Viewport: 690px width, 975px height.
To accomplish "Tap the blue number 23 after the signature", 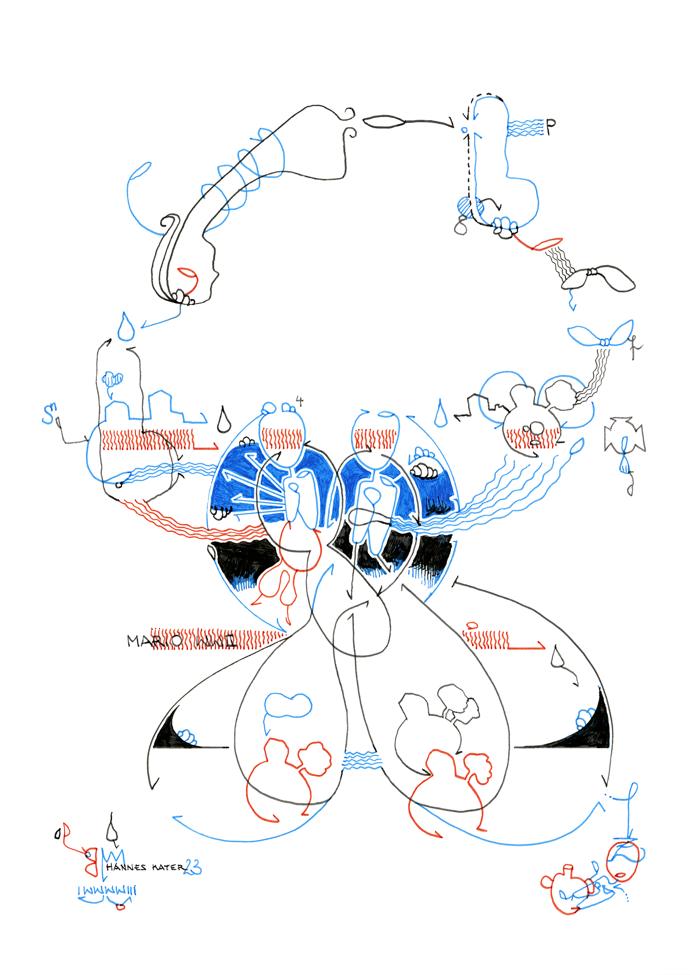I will [x=193, y=867].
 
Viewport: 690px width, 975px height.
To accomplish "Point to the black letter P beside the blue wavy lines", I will [x=550, y=128].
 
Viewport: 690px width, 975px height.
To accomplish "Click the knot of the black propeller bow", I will [x=592, y=272].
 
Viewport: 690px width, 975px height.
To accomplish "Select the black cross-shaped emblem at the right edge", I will [x=625, y=434].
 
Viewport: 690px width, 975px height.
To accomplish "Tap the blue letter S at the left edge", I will [x=48, y=414].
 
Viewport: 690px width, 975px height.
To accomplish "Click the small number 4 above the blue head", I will [x=300, y=401].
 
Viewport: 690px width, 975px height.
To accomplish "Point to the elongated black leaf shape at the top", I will [x=383, y=121].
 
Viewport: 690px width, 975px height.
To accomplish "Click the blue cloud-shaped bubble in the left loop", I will [x=288, y=705].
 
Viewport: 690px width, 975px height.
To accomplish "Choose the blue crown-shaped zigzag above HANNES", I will [x=113, y=856].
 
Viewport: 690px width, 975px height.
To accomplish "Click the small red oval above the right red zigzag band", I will [x=472, y=625].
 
